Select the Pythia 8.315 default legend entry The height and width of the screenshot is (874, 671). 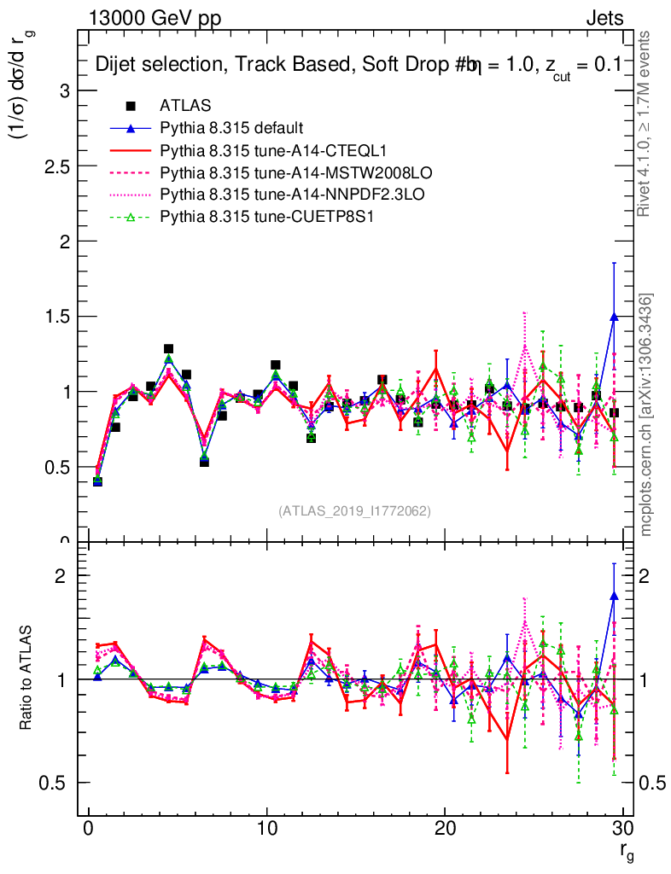tap(231, 129)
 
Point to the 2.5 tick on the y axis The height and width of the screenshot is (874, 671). tap(57, 166)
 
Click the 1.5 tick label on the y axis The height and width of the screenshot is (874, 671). tap(57, 317)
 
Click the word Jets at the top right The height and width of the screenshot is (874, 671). tap(604, 18)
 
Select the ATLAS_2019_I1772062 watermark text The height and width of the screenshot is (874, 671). tap(354, 511)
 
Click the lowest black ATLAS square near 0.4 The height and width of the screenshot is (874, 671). tap(97, 481)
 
